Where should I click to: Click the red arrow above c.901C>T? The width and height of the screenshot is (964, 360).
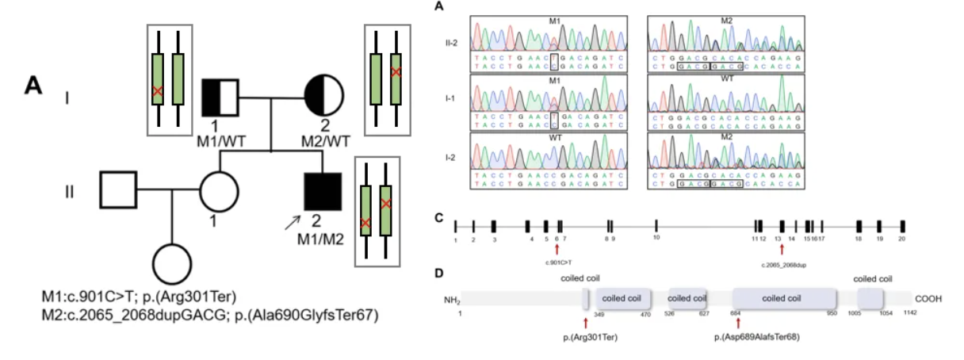557,248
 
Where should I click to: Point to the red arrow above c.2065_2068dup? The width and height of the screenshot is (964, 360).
782,248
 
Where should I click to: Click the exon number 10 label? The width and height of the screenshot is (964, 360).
656,238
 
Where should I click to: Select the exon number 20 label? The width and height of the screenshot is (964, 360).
901,238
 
